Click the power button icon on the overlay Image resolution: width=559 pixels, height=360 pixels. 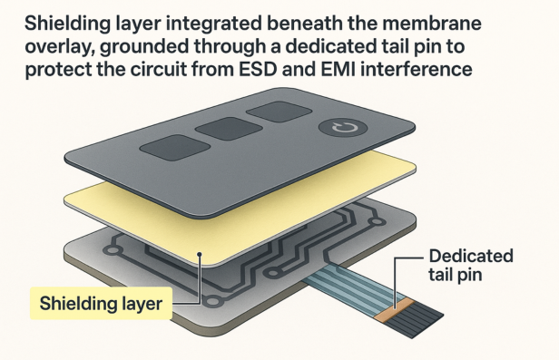341,130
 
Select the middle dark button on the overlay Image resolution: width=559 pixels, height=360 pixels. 221,127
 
